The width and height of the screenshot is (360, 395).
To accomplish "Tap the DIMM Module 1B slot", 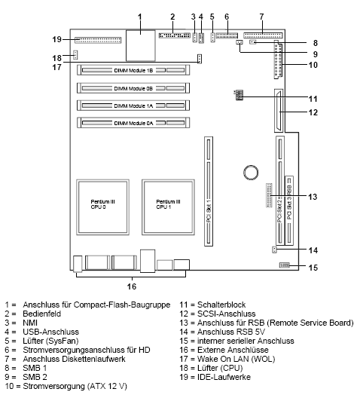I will coord(133,71).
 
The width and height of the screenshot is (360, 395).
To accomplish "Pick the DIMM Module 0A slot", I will coord(133,122).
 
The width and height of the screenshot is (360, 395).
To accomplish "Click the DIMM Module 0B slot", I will coord(133,88).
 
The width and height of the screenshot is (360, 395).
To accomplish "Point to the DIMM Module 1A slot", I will coord(133,106).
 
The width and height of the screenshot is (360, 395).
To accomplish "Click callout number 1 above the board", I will coord(139,17).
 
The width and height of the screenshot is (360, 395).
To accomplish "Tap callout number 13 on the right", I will coord(313,197).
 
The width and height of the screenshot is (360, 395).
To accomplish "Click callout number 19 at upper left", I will coord(56,38).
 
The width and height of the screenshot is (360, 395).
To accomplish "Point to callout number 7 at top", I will coord(261,17).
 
